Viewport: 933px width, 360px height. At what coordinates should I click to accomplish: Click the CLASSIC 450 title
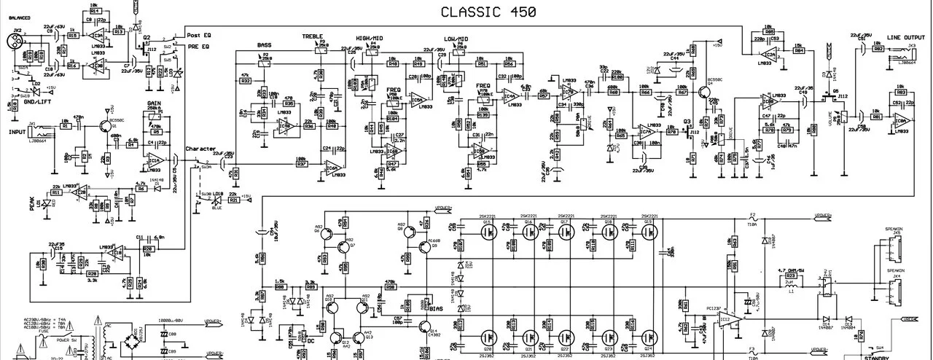point(478,12)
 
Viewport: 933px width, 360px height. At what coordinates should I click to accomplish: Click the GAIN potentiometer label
point(154,104)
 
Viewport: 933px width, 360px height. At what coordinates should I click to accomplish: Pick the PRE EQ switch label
point(197,47)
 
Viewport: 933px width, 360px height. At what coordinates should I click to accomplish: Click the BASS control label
point(264,45)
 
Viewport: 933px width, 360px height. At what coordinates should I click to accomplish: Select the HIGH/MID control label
point(370,37)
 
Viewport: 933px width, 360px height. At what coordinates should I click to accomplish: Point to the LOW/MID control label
point(456,37)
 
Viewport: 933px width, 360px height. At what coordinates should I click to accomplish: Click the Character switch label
point(200,149)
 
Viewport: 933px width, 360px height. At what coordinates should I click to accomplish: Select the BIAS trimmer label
point(436,309)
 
